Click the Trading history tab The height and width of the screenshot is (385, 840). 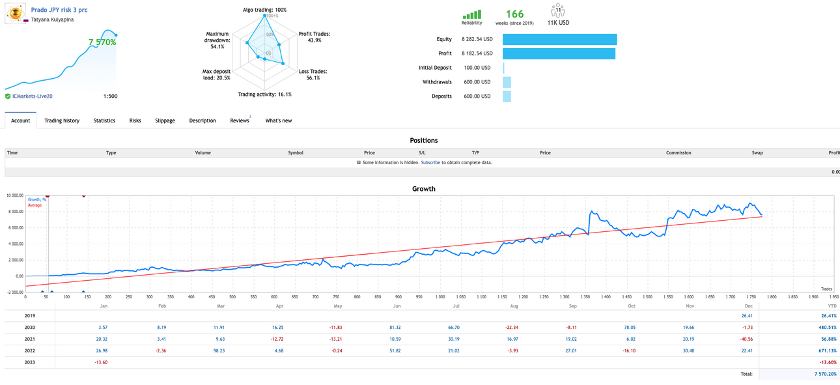tap(62, 121)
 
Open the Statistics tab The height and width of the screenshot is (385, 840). tap(104, 121)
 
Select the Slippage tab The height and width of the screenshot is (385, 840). tap(165, 121)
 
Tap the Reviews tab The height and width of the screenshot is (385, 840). tap(240, 121)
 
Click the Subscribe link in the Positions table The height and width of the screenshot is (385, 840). tap(430, 162)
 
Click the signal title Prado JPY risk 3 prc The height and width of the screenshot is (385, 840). tap(59, 10)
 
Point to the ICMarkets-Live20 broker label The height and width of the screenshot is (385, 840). tap(33, 96)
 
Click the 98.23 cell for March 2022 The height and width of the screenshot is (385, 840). tap(219, 350)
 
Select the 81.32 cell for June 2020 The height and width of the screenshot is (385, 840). tap(395, 327)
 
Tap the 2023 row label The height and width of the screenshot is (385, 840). tap(29, 362)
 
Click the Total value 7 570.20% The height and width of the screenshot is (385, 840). tap(826, 374)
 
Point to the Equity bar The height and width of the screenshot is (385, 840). tap(559, 39)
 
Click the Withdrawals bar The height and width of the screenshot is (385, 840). tap(507, 82)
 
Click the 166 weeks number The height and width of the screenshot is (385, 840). tap(514, 14)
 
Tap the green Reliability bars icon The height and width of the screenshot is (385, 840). tap(471, 14)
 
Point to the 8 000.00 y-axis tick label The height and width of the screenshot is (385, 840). tap(15, 212)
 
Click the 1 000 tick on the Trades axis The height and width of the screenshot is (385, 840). tap(440, 297)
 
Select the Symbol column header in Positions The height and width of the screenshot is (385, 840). tap(296, 152)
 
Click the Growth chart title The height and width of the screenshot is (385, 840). tap(424, 189)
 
